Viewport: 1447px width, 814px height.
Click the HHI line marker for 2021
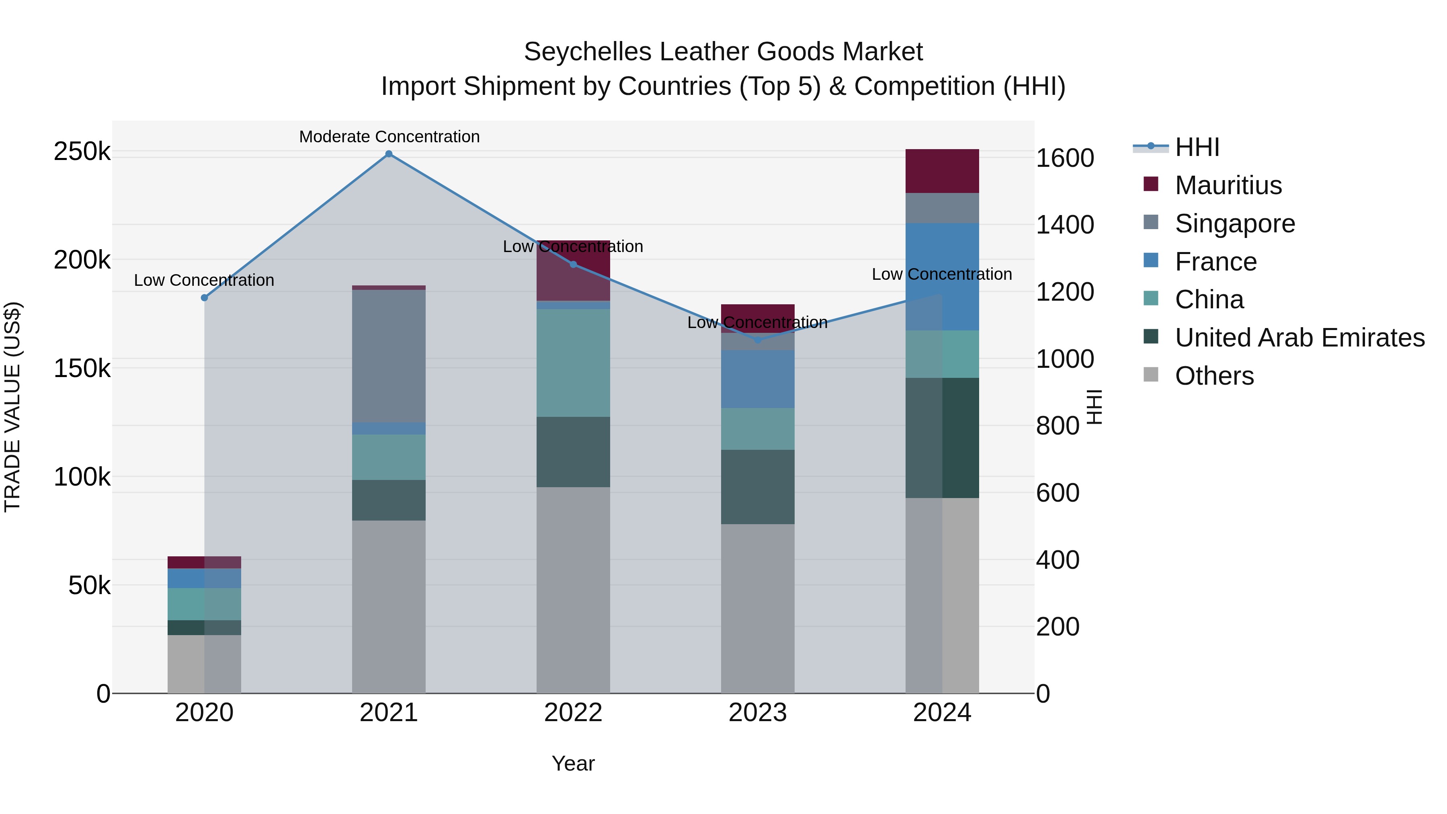(389, 154)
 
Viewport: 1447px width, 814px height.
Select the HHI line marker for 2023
(758, 340)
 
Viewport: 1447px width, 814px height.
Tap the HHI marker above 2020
(205, 298)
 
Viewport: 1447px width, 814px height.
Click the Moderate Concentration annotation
(389, 137)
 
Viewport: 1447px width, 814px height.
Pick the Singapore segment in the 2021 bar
(389, 356)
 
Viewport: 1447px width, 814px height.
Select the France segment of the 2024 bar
(942, 277)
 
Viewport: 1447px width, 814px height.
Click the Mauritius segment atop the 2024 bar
(942, 171)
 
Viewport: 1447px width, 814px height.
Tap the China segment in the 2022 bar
(573, 363)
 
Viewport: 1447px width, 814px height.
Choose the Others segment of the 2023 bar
(758, 609)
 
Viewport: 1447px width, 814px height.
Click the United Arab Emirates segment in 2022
(573, 452)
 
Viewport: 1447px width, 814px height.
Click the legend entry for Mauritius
(1228, 185)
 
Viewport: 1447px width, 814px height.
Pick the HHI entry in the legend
(1197, 147)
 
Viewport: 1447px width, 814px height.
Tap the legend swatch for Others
(1151, 375)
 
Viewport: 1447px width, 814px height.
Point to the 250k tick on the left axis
(82, 152)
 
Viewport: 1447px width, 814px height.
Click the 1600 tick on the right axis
(1064, 158)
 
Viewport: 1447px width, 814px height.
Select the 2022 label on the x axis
(573, 713)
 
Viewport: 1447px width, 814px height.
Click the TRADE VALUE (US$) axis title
(12, 407)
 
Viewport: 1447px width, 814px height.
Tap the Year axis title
(573, 763)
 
